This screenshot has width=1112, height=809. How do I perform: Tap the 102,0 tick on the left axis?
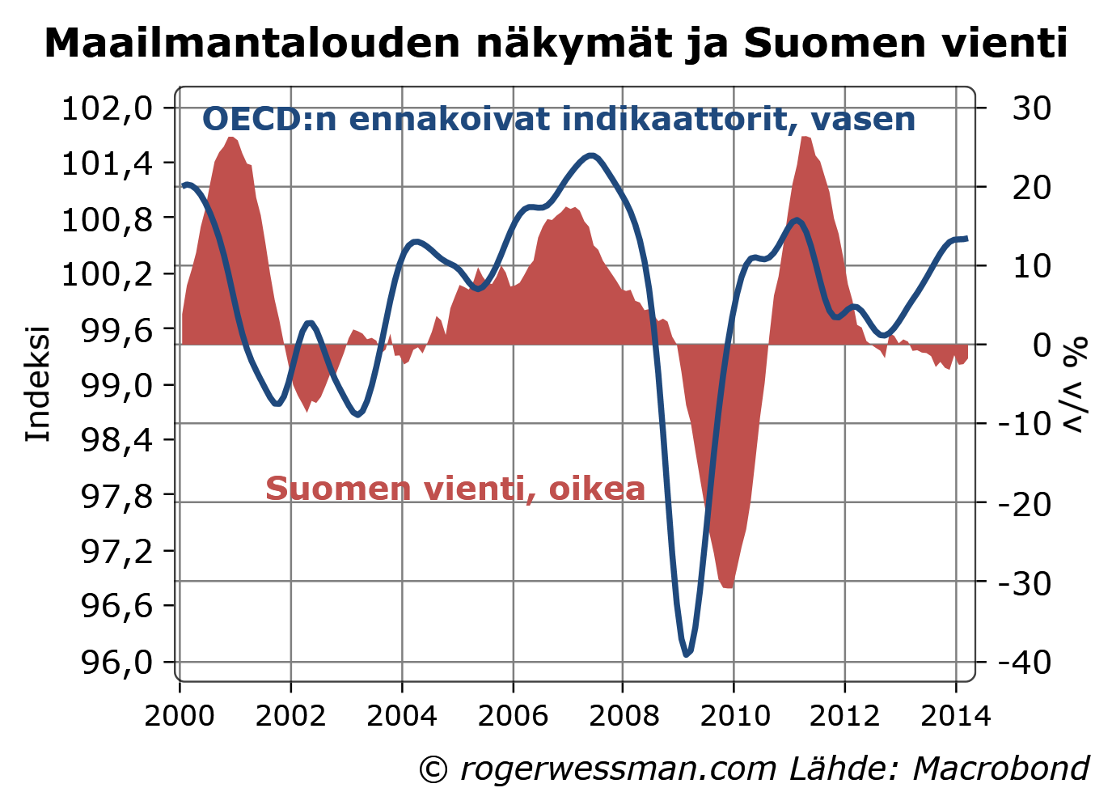click(107, 108)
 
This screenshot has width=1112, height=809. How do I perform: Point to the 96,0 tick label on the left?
click(107, 662)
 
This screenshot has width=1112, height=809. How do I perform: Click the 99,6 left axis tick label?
click(107, 329)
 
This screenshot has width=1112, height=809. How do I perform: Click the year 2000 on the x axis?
click(180, 716)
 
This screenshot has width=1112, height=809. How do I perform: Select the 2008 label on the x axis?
click(623, 716)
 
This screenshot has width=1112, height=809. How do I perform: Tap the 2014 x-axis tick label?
click(955, 716)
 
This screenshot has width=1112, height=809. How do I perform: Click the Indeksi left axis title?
click(38, 383)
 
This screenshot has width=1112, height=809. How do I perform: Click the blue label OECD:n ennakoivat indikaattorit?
click(558, 120)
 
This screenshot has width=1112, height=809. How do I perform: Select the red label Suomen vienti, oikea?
click(455, 489)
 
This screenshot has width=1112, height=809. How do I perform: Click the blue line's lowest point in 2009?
click(687, 654)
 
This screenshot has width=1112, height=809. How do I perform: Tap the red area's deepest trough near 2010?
click(727, 587)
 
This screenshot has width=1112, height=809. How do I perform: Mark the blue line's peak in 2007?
click(591, 155)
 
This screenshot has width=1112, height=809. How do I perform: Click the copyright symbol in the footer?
click(433, 769)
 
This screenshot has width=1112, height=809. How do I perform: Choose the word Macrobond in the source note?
click(1000, 769)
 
